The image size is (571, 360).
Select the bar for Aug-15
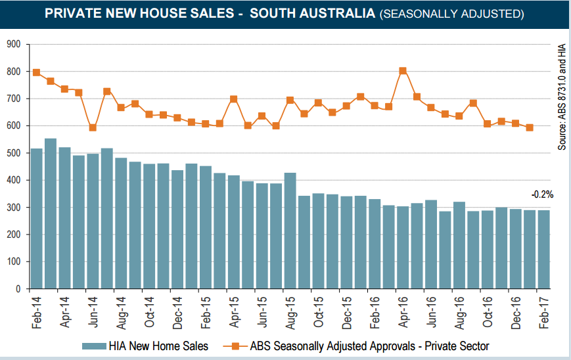(290, 231)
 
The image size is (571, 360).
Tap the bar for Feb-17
(544, 250)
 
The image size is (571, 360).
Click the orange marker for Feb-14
(37, 72)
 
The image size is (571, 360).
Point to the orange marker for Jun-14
(93, 127)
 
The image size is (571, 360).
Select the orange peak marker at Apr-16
(403, 70)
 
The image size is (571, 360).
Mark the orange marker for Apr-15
(234, 99)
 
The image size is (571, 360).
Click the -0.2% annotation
(543, 194)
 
